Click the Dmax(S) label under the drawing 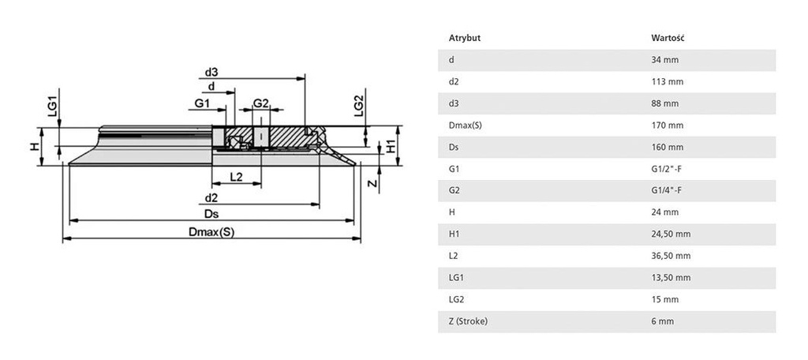pos(211,232)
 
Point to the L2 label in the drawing pos(237,177)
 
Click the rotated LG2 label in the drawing pos(359,106)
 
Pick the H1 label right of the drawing pos(391,147)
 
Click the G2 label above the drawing pos(260,103)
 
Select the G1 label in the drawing pos(202,103)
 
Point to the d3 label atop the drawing pos(211,71)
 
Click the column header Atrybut pos(465,38)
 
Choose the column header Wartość pos(668,38)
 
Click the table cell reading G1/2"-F pos(667,169)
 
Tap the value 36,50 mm pos(671,256)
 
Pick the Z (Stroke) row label pos(468,321)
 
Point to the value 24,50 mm pos(671,234)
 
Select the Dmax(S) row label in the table pos(466,126)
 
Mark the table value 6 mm pos(663,321)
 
